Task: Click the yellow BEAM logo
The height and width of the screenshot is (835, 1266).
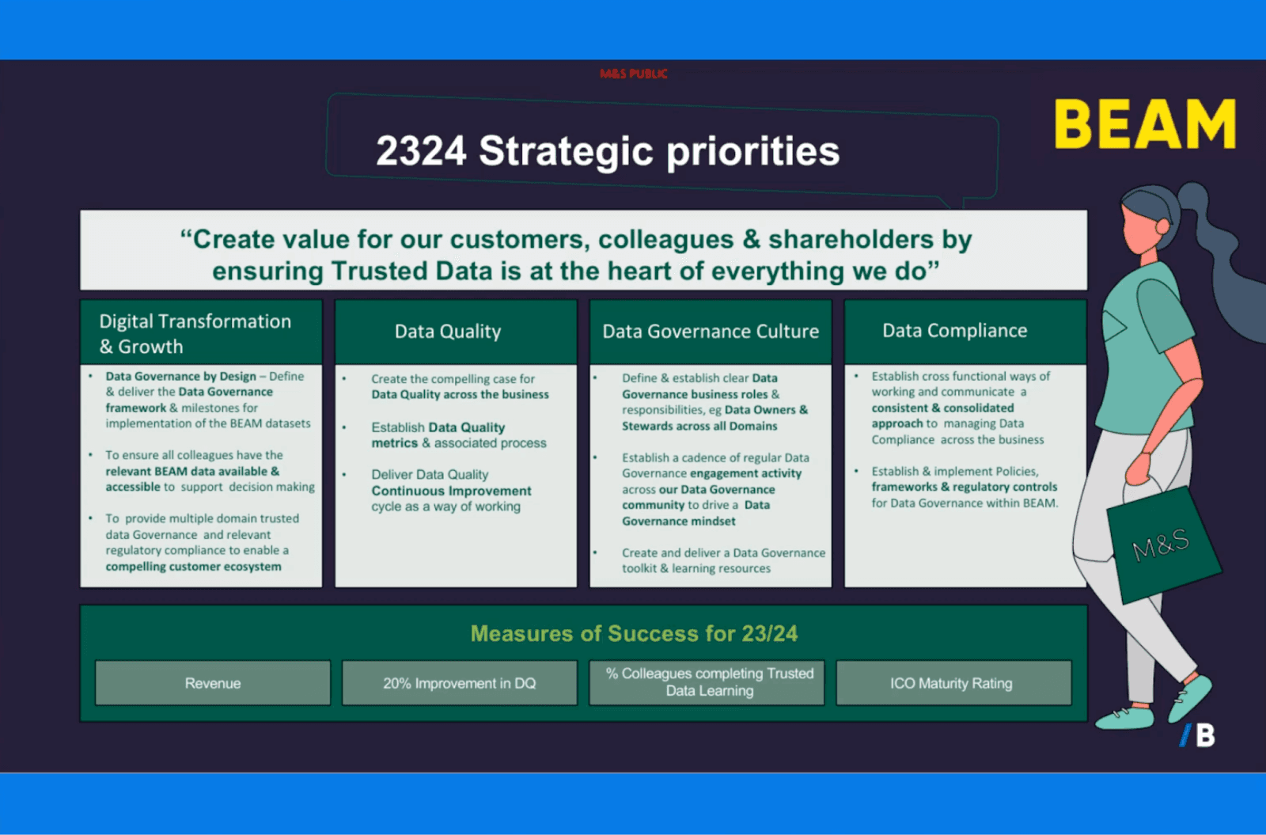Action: point(1145,124)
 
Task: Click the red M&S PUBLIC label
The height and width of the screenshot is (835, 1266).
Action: point(633,74)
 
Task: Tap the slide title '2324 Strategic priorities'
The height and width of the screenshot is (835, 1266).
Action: point(608,150)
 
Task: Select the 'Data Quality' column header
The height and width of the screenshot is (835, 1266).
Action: point(448,332)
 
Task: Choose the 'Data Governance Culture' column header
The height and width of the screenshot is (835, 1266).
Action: point(711,332)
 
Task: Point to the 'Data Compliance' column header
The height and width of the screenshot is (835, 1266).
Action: point(954,331)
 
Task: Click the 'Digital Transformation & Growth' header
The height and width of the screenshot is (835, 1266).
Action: point(195,333)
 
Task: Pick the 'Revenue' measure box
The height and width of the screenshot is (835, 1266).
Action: point(213,683)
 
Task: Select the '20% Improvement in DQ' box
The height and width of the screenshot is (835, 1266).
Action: point(460,683)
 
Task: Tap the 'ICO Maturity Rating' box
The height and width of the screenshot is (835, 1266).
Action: point(951,683)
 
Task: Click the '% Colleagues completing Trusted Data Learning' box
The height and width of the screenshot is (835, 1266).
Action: point(709,682)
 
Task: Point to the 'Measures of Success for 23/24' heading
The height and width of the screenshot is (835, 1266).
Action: point(634,633)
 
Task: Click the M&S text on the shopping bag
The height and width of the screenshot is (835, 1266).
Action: point(1160,545)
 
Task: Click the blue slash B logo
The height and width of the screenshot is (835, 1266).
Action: point(1198,735)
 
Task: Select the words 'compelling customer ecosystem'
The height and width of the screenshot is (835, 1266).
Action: point(193,567)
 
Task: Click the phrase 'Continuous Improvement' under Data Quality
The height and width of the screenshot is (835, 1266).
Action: point(451,491)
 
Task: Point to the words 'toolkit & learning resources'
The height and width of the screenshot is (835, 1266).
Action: point(696,568)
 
